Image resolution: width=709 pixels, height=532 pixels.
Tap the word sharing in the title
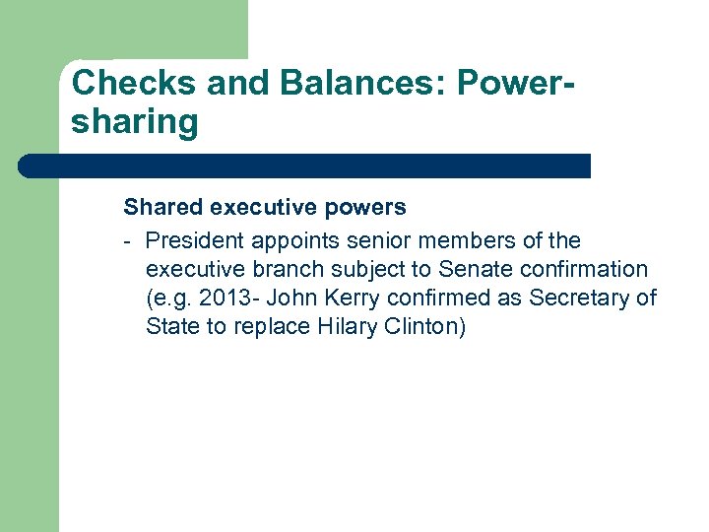pos(135,123)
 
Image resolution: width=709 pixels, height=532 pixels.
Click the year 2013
pos(226,298)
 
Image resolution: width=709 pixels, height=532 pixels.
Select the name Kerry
pos(345,298)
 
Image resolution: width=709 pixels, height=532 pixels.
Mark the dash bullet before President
pos(129,240)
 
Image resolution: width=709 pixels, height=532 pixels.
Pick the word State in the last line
pos(171,326)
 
